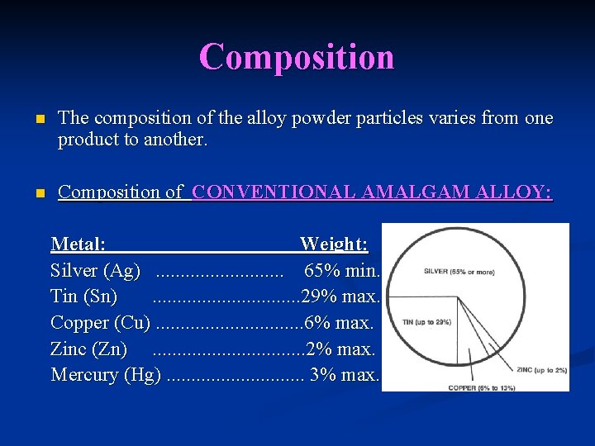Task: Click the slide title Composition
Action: (297, 57)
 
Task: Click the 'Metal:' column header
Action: (78, 244)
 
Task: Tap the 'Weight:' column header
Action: (334, 244)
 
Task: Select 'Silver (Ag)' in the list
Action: (95, 270)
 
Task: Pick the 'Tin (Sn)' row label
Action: (83, 297)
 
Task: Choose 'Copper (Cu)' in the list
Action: (100, 323)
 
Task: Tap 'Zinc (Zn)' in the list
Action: (88, 349)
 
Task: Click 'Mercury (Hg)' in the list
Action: (105, 376)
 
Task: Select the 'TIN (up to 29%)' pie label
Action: (426, 321)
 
